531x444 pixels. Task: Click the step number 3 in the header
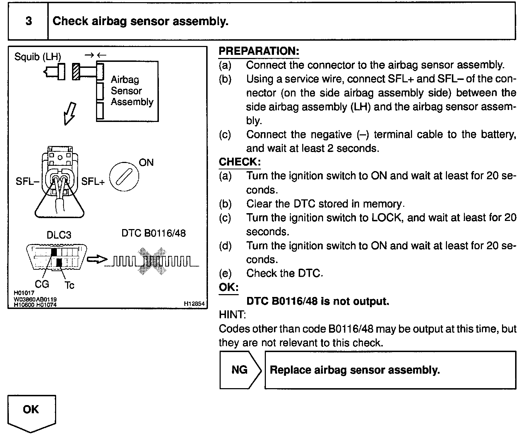(29, 21)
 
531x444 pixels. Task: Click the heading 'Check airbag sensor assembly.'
(141, 21)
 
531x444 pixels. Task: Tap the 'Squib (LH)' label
(37, 57)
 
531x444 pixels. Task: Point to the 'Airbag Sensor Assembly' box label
(132, 91)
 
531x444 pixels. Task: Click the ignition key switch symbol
(124, 177)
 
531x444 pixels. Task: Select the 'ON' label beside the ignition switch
(146, 163)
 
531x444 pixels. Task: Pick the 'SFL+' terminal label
(93, 182)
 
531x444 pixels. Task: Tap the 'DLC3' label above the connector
(59, 235)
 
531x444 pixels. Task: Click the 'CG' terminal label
(42, 284)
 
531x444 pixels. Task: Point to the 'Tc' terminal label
(70, 285)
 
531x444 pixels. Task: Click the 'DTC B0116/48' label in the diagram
(154, 233)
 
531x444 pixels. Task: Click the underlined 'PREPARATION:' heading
(259, 51)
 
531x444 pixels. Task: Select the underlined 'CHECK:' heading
(240, 162)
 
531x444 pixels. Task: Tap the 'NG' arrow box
(239, 370)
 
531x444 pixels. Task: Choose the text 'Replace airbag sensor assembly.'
(354, 370)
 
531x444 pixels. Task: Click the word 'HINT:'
(232, 314)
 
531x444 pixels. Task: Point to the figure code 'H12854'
(194, 304)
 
